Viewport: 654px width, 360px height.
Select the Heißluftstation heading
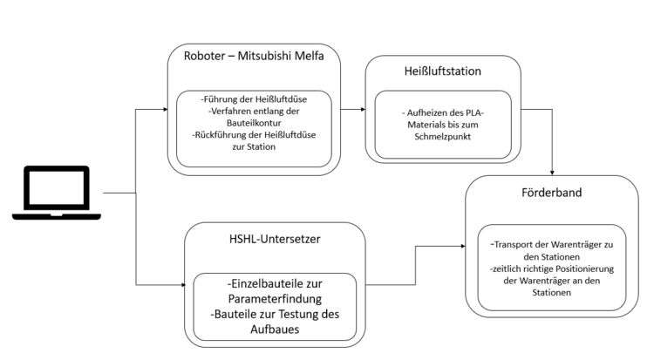(x=443, y=71)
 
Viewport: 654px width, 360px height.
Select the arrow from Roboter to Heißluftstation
(x=351, y=111)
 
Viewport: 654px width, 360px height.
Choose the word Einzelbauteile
(x=251, y=284)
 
